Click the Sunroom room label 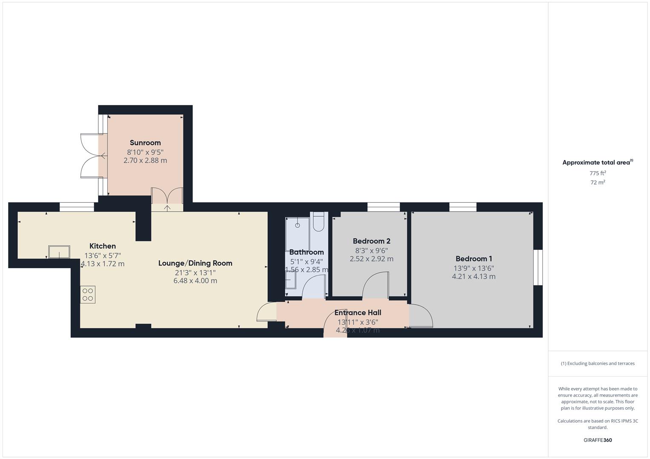[x=145, y=143]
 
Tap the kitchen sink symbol [x=59, y=252]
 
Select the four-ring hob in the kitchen [x=88, y=295]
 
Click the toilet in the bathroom [x=318, y=221]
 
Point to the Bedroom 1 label [x=473, y=258]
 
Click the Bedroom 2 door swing [x=375, y=285]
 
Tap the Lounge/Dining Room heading [x=195, y=263]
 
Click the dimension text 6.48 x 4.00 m [x=195, y=281]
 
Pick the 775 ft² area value [x=597, y=173]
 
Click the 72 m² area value [x=597, y=182]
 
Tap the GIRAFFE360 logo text [x=597, y=440]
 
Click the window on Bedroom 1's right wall [x=538, y=267]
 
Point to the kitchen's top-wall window [x=77, y=207]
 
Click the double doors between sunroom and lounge [x=167, y=197]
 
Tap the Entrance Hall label [x=358, y=313]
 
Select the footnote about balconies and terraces [x=597, y=363]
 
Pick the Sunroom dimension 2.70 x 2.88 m [x=145, y=161]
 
